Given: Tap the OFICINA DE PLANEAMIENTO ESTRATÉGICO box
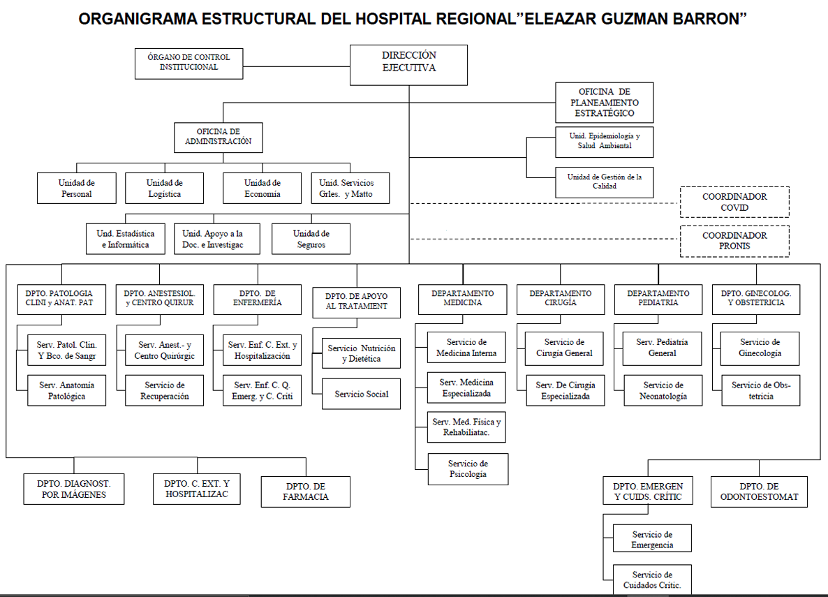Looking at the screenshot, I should tap(605, 103).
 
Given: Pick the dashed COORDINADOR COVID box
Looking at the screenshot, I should tap(734, 202).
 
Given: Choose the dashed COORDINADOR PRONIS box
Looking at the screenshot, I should tap(734, 241).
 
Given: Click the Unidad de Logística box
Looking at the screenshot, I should tap(164, 188).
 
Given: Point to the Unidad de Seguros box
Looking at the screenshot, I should tap(311, 239).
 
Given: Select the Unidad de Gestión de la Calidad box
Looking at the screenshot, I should tap(605, 182).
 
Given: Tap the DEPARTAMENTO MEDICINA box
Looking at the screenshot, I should tap(462, 298).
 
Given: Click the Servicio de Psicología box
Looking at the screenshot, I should tap(468, 469).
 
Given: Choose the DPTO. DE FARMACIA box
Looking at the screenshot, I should tap(305, 492).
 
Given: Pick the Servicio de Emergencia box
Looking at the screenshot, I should tap(652, 539).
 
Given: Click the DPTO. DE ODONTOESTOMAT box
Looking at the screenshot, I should tap(759, 492).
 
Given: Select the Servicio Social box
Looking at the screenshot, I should tap(361, 394).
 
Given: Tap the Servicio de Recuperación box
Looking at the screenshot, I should tap(165, 390).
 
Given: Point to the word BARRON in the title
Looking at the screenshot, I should tap(715, 20).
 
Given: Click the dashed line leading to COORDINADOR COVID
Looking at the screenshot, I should tap(545, 203).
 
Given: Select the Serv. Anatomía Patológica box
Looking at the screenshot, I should tap(67, 390).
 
